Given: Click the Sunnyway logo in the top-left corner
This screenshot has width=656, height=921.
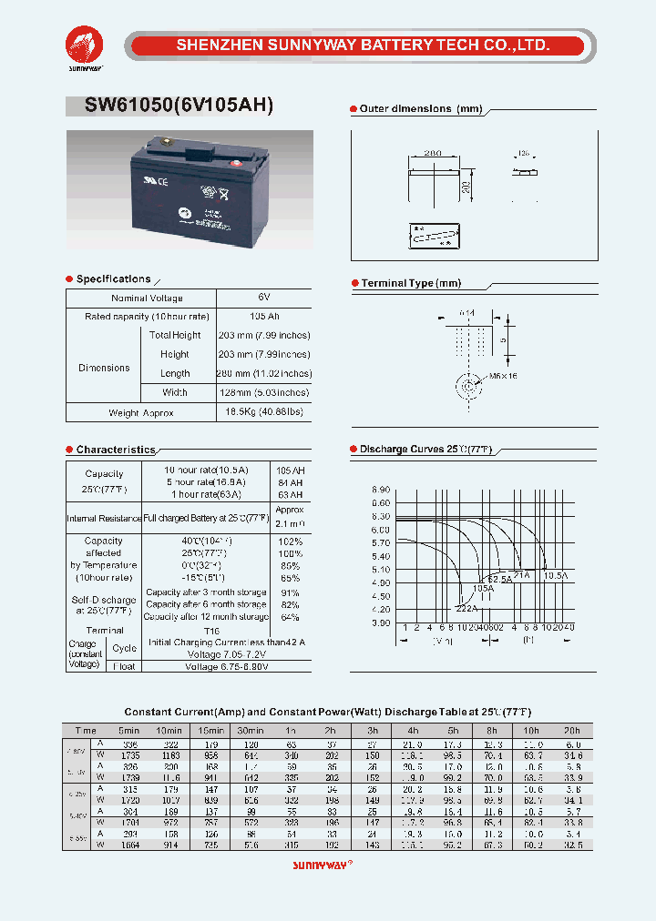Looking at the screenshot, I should click(84, 46).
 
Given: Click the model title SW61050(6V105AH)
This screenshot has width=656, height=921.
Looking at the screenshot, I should click(179, 105).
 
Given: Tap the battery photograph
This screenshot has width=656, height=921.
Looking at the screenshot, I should click(190, 189).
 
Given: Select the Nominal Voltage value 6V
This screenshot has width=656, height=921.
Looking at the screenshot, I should click(264, 298).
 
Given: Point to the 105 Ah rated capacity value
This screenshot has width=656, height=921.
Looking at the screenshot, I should click(264, 316).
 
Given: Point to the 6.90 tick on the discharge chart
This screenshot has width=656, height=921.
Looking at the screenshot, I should click(380, 490).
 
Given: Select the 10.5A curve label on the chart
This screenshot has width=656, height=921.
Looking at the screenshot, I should click(556, 575).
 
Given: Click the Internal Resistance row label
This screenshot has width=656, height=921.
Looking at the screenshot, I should click(104, 518).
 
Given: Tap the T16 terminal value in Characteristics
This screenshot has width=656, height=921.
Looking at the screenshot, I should click(211, 630).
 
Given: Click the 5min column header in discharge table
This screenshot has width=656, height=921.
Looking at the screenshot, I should click(128, 730).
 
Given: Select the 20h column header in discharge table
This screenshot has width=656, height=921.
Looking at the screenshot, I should click(571, 730).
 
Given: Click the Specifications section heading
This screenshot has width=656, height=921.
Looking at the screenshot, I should click(113, 279).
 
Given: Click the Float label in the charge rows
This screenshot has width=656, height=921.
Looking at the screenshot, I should click(125, 666).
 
